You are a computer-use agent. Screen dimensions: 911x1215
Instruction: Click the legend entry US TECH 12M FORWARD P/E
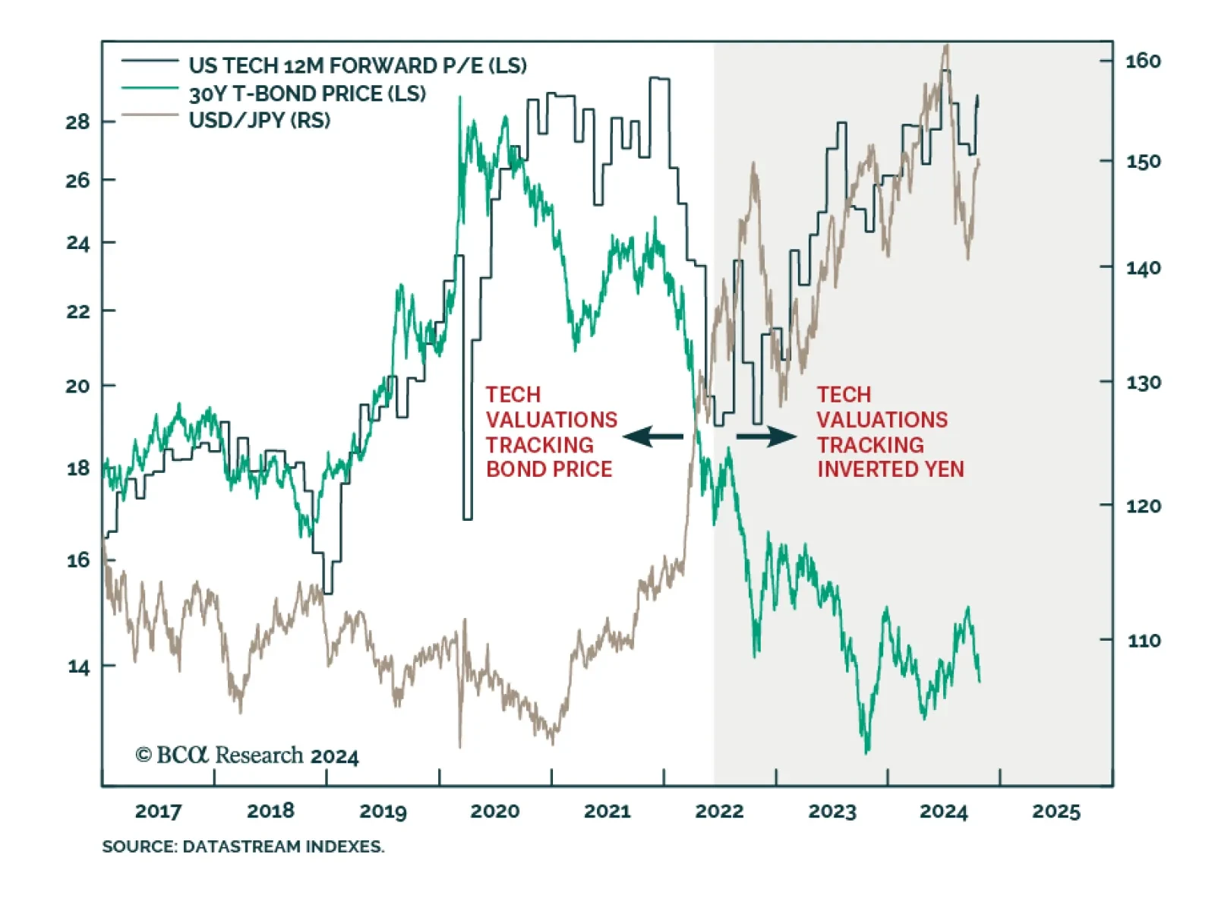tap(357, 65)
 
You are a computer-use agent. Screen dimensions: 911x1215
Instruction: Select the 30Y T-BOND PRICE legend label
tap(307, 93)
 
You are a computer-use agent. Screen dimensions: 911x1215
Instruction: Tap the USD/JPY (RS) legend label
tap(259, 120)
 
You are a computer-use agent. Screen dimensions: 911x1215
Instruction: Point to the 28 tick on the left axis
tap(77, 121)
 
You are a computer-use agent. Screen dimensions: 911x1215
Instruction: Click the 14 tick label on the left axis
tap(77, 667)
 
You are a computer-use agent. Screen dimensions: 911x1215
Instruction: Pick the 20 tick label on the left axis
tap(77, 386)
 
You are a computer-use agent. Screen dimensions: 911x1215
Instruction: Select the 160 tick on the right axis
tap(1143, 61)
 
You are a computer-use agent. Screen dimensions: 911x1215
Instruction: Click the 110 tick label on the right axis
tap(1143, 641)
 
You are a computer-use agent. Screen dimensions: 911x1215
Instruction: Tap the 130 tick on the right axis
tap(1143, 382)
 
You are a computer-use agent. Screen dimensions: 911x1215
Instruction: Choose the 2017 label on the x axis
tap(158, 811)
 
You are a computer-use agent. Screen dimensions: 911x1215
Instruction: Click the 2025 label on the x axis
tap(1056, 811)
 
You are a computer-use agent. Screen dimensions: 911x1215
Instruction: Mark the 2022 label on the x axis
tap(719, 811)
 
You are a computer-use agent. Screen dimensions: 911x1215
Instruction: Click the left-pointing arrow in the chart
tap(652, 437)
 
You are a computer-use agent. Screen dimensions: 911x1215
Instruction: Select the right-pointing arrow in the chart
tap(766, 437)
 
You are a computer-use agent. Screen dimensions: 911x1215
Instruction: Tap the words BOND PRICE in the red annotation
tap(549, 469)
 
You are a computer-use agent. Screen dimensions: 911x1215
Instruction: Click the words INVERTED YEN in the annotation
tap(890, 469)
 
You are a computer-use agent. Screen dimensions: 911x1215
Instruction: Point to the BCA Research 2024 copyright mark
tap(247, 755)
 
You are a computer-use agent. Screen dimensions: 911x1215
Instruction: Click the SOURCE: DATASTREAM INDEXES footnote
tap(243, 846)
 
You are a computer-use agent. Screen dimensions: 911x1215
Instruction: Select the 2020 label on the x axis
tap(494, 811)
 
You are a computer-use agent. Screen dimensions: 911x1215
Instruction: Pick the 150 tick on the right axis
tap(1143, 161)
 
